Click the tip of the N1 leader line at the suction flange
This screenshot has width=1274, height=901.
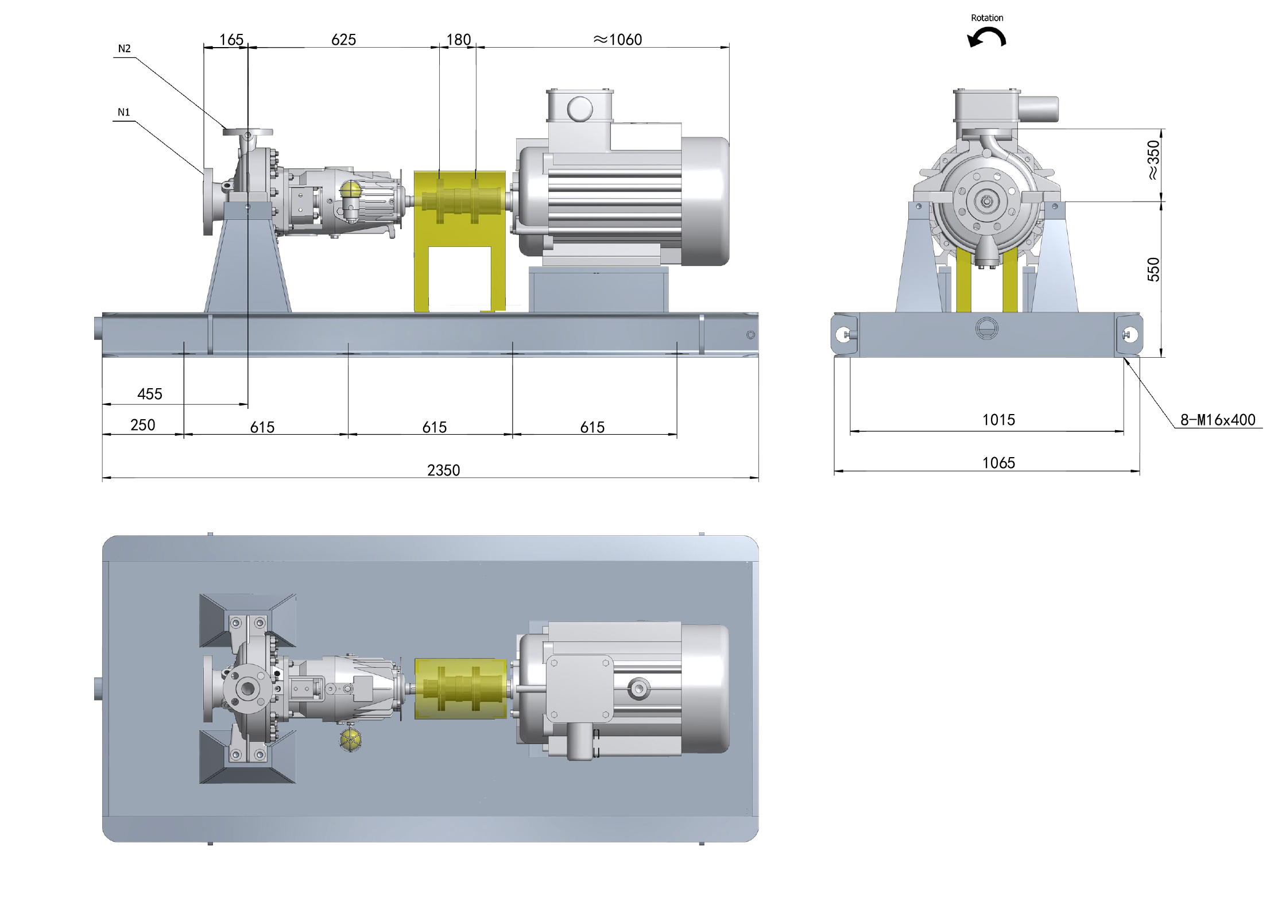click(x=204, y=174)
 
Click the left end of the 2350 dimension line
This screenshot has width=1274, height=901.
click(x=102, y=477)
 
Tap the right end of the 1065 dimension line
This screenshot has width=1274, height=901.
click(x=1140, y=471)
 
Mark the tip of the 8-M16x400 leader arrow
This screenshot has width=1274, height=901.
click(x=1124, y=358)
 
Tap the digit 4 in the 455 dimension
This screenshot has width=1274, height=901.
click(x=141, y=394)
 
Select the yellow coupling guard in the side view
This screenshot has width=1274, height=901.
click(x=460, y=241)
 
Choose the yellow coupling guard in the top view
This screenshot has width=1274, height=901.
click(x=460, y=689)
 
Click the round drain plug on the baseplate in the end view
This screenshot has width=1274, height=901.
click(x=986, y=328)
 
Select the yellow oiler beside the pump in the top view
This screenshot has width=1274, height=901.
click(x=350, y=740)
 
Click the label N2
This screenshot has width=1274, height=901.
click(x=125, y=49)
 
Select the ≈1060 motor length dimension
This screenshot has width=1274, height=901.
click(x=618, y=40)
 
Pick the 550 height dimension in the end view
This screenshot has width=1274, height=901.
click(x=1153, y=270)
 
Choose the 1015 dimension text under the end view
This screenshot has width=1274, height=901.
click(x=998, y=420)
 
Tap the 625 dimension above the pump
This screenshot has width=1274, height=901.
click(x=344, y=40)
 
